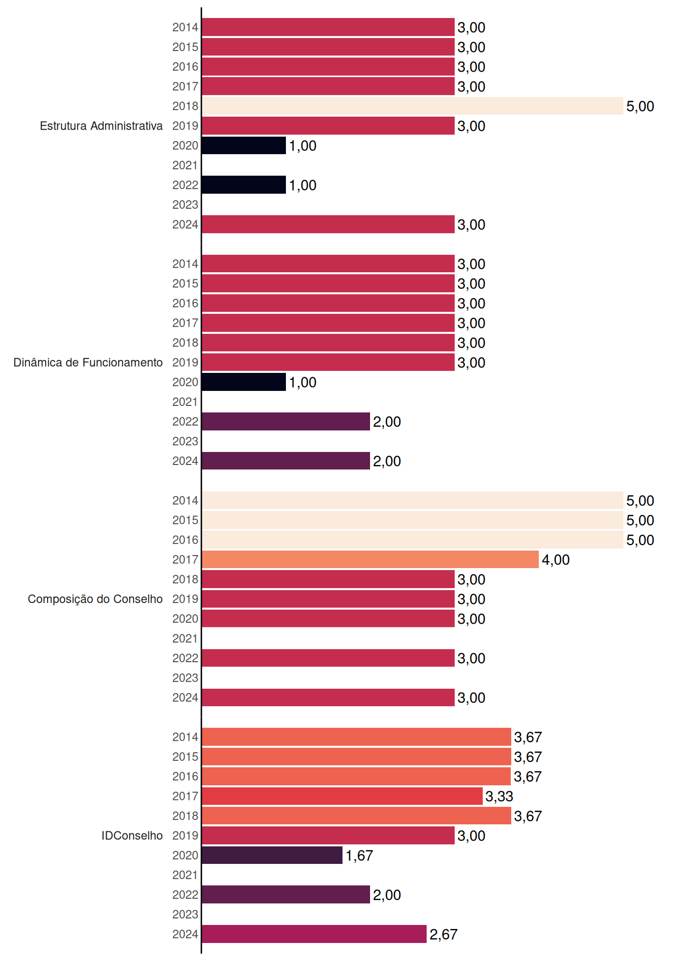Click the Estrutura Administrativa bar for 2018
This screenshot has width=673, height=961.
pos(413,106)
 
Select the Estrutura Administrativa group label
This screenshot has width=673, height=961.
pos(101,126)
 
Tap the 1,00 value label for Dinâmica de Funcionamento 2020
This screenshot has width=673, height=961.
pos(302,382)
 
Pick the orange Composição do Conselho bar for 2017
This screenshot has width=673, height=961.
pos(371,560)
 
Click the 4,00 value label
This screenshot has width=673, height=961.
pos(556,560)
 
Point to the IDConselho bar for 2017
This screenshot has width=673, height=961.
pos(343,796)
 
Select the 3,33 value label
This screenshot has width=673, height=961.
pos(499,796)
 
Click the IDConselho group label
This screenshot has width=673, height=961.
pos(132,835)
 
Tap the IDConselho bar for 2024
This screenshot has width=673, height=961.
pos(314,934)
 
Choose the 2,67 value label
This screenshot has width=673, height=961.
pos(443,934)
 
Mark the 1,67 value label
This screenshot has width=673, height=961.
pos(359,855)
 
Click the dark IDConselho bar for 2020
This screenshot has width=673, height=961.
pos(272,855)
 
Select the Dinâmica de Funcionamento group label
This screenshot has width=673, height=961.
pos(88,362)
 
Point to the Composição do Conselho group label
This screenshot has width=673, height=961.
pos(95,599)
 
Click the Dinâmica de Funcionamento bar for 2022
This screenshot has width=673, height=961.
pos(286,421)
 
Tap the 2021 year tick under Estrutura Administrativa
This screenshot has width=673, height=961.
pos(185,165)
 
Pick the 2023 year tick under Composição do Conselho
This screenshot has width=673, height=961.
pos(185,678)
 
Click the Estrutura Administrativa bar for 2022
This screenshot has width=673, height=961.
pos(244,185)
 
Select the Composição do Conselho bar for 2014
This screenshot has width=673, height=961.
pos(413,501)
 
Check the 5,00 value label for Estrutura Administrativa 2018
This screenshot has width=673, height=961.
pos(640,106)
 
